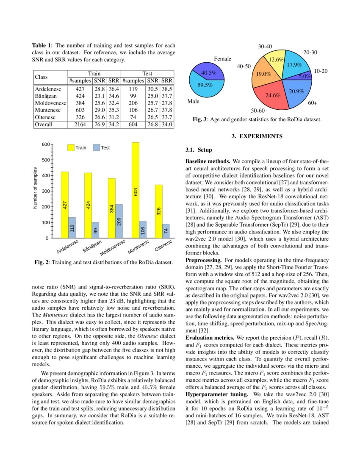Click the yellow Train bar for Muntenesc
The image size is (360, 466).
pos(135,191)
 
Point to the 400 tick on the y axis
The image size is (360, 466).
pos(45,175)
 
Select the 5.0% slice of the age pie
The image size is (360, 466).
pos(304,77)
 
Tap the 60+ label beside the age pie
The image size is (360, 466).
pos(313,103)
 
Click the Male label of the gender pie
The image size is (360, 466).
pos(193,102)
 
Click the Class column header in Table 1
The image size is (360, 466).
pos(41,77)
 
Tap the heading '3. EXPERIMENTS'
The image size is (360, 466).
pos(256,136)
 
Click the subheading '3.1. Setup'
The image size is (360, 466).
pos(199,150)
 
